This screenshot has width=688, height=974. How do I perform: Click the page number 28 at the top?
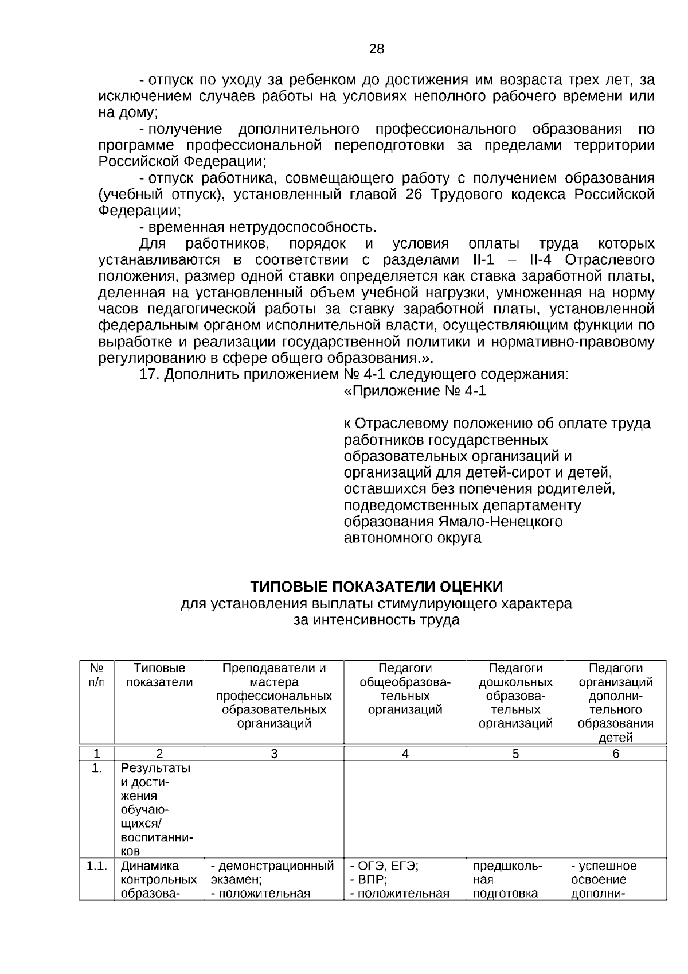376,49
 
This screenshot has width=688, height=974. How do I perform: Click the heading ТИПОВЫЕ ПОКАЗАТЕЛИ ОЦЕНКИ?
376,587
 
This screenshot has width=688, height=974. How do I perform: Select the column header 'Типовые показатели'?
159,675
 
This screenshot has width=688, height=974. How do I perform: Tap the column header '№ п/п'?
97,675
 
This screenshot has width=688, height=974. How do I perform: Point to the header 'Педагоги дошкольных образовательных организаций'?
515,696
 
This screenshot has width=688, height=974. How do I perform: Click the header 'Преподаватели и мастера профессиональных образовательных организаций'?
274,696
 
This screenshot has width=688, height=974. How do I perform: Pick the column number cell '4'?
405,754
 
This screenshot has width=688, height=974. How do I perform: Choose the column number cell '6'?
615,754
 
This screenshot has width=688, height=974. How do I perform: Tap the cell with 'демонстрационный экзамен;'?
273,872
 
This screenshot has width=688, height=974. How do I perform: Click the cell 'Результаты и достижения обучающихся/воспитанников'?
156,809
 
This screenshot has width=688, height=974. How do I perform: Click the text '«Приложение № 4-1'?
415,391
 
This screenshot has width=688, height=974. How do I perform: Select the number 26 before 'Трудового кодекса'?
413,195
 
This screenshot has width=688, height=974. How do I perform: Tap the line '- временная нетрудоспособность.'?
258,227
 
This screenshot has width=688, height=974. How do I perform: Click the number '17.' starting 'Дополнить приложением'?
150,375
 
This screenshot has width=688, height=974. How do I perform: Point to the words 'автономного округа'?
412,538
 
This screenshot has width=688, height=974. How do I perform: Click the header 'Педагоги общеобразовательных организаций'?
405,689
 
